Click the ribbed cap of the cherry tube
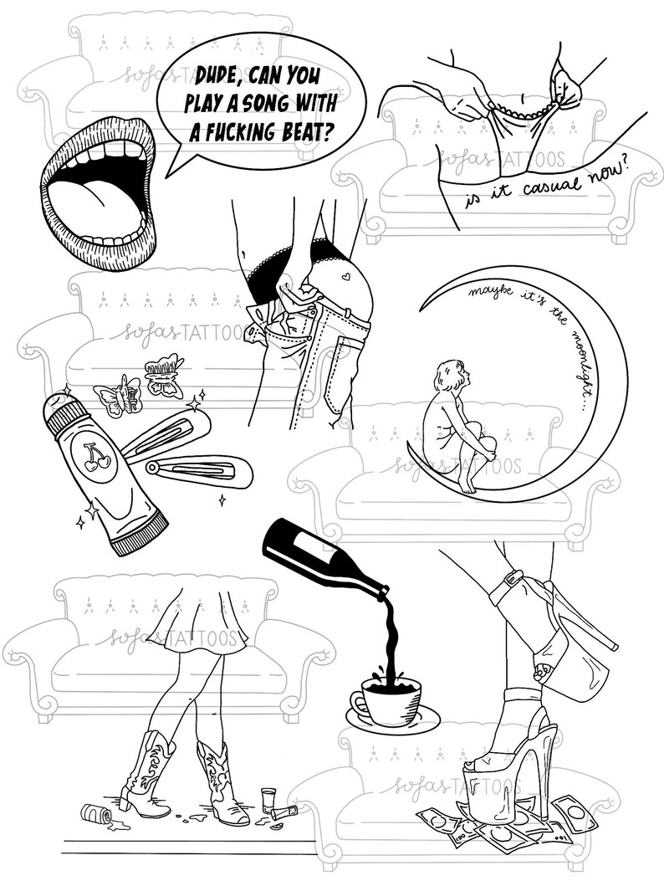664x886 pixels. pyautogui.click(x=139, y=534)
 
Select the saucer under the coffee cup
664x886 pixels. pyautogui.click(x=392, y=716)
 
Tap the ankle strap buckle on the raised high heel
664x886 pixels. pyautogui.click(x=511, y=577)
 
